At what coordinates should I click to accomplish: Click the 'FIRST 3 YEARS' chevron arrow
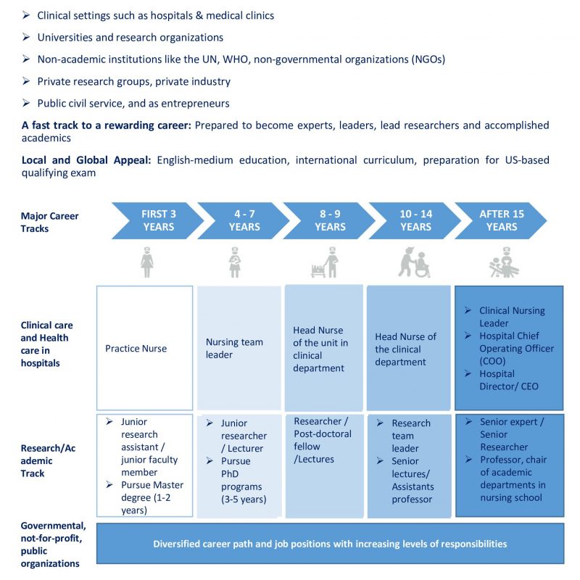coord(155,220)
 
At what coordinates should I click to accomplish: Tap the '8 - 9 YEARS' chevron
coord(328,220)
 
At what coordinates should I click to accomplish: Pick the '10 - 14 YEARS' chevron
coord(414,220)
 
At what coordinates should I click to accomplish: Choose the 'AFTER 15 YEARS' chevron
coord(501,220)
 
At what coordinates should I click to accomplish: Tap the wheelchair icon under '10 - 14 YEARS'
coord(414,262)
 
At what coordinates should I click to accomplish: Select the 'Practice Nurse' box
coord(145,348)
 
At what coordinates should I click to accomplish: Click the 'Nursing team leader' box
coord(239,348)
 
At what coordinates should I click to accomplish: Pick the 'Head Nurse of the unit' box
coord(324,348)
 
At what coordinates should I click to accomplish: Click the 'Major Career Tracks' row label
coord(49,221)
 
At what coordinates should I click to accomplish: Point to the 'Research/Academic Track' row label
coord(49,461)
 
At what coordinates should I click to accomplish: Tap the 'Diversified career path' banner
coord(330,544)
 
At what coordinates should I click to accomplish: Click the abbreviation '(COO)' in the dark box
coord(495,361)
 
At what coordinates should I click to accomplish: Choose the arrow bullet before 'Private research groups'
coord(26,82)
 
